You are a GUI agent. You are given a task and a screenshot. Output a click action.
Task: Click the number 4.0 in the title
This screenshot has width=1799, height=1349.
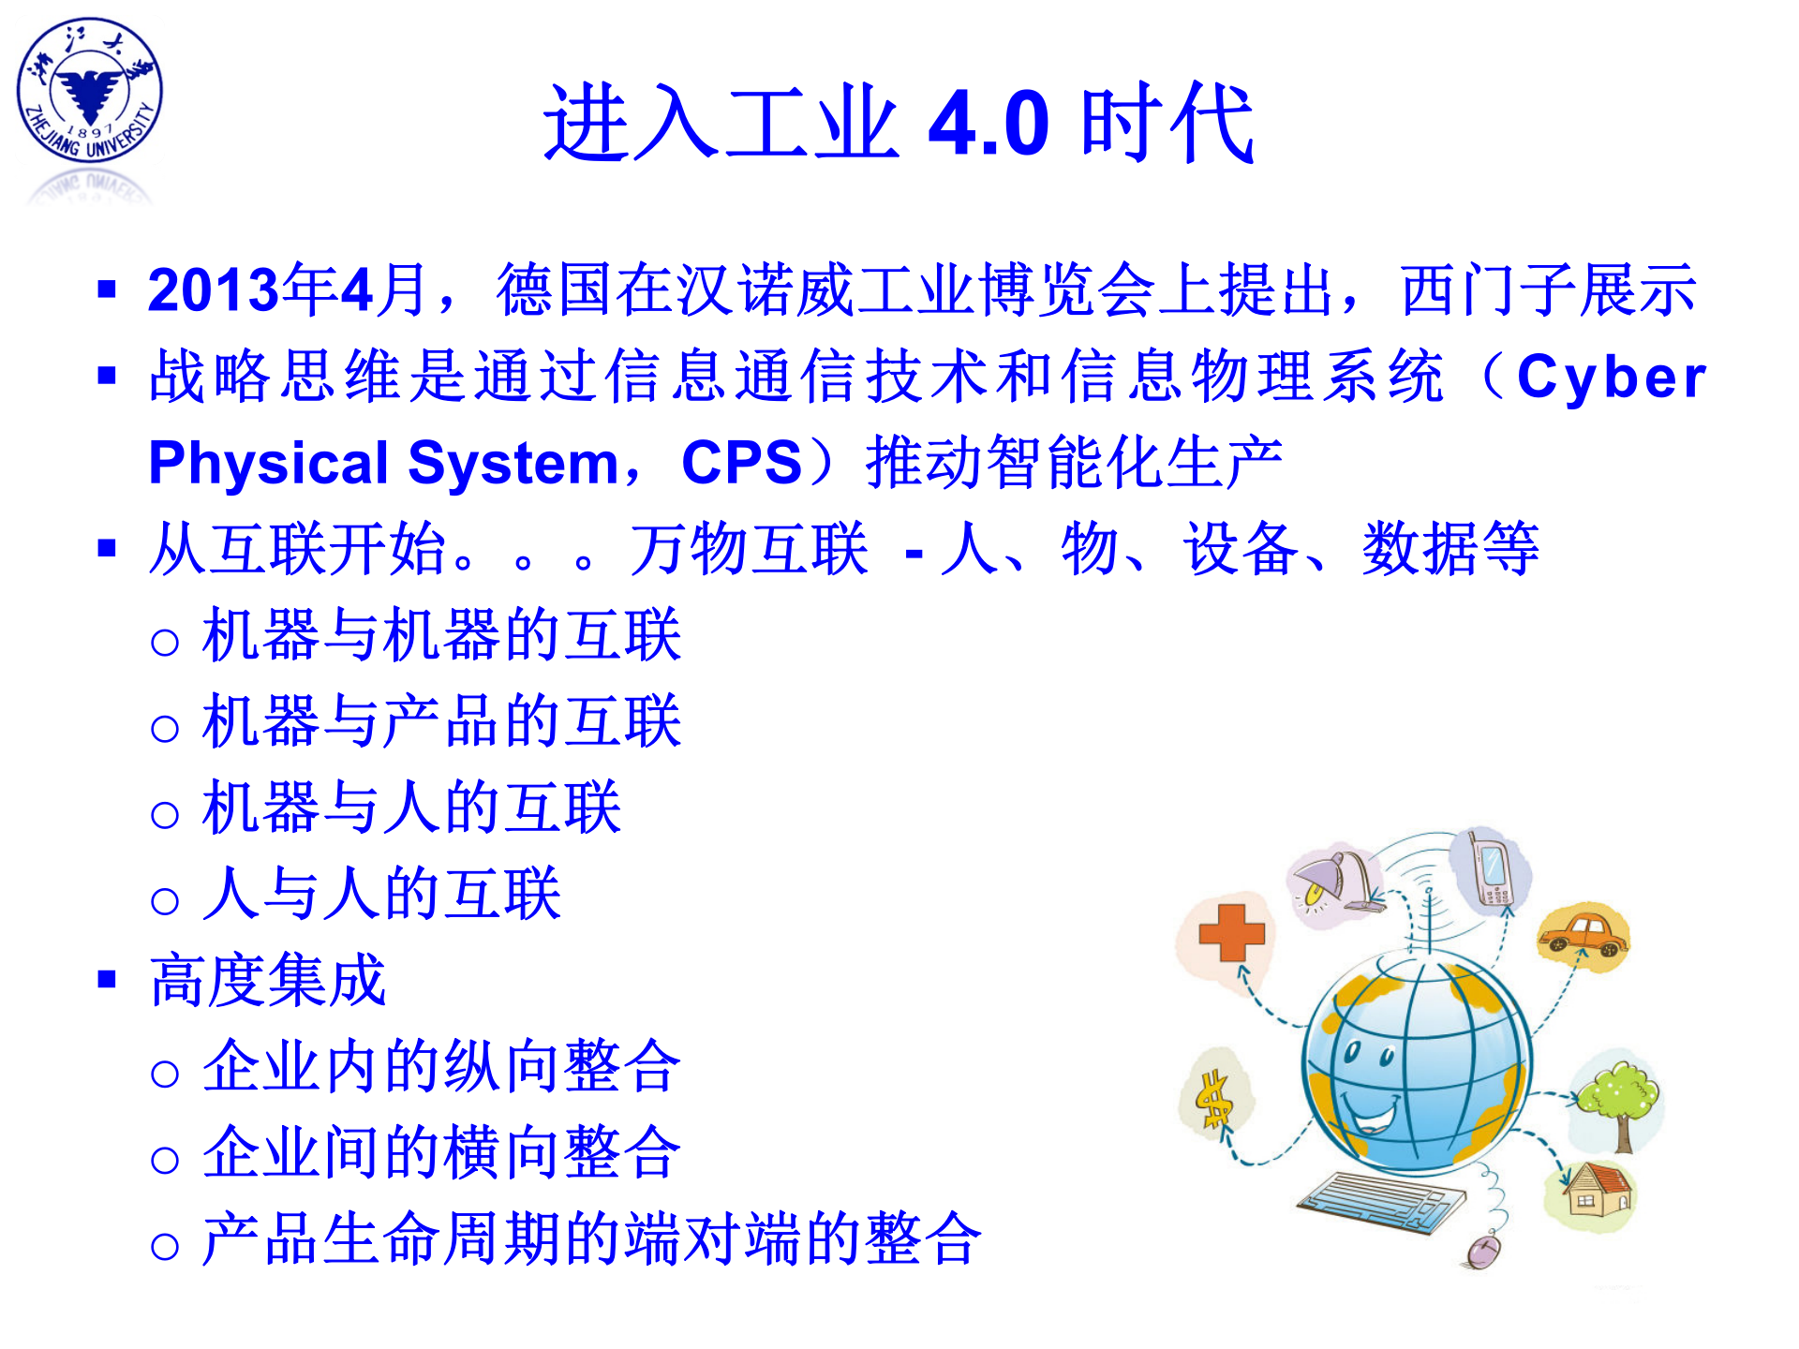[x=989, y=124]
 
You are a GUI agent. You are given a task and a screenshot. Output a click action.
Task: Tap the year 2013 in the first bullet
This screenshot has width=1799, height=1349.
[x=214, y=289]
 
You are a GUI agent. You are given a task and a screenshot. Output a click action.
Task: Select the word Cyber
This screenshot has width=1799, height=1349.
[x=1611, y=377]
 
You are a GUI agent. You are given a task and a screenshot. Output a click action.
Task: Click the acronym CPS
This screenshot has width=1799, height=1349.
[x=741, y=463]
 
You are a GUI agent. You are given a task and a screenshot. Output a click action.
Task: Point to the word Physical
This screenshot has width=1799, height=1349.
[x=268, y=463]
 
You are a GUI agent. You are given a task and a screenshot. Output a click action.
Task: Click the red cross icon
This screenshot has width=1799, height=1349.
[x=1231, y=932]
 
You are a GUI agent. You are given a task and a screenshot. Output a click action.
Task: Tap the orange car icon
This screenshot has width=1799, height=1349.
[x=1583, y=933]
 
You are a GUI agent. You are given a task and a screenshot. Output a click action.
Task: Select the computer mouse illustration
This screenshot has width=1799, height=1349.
[x=1483, y=1250]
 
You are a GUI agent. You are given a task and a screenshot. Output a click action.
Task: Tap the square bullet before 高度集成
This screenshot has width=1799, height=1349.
[x=107, y=980]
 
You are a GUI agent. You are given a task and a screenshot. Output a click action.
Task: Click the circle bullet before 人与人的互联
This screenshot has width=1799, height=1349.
[x=165, y=901]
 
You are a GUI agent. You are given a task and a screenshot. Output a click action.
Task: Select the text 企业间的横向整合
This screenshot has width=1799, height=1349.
[x=441, y=1153]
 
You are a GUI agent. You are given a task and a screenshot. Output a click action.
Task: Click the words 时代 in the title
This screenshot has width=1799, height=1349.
[x=1167, y=124]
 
